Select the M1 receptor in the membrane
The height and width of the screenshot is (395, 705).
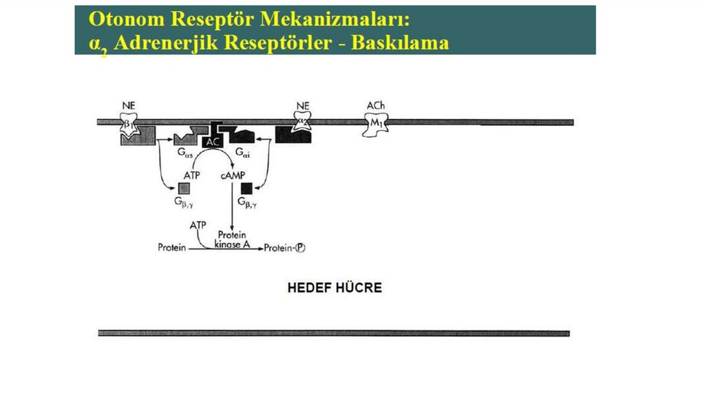(376, 122)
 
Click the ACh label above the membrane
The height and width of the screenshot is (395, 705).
(376, 105)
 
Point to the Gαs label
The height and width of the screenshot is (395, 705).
(185, 152)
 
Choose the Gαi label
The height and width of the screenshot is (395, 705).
(242, 152)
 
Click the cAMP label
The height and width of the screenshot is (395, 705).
(232, 175)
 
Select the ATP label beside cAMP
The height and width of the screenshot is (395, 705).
(191, 175)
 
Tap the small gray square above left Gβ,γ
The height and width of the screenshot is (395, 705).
(184, 188)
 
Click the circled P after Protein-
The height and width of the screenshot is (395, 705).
(299, 248)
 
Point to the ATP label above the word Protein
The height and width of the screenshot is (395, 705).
(198, 225)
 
